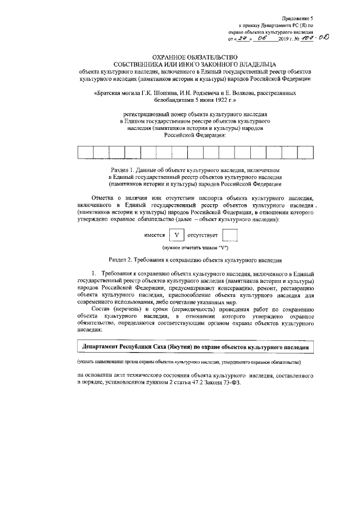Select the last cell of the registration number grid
click(304, 152)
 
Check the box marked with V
click(178, 235)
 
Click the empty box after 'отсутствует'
click(231, 235)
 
